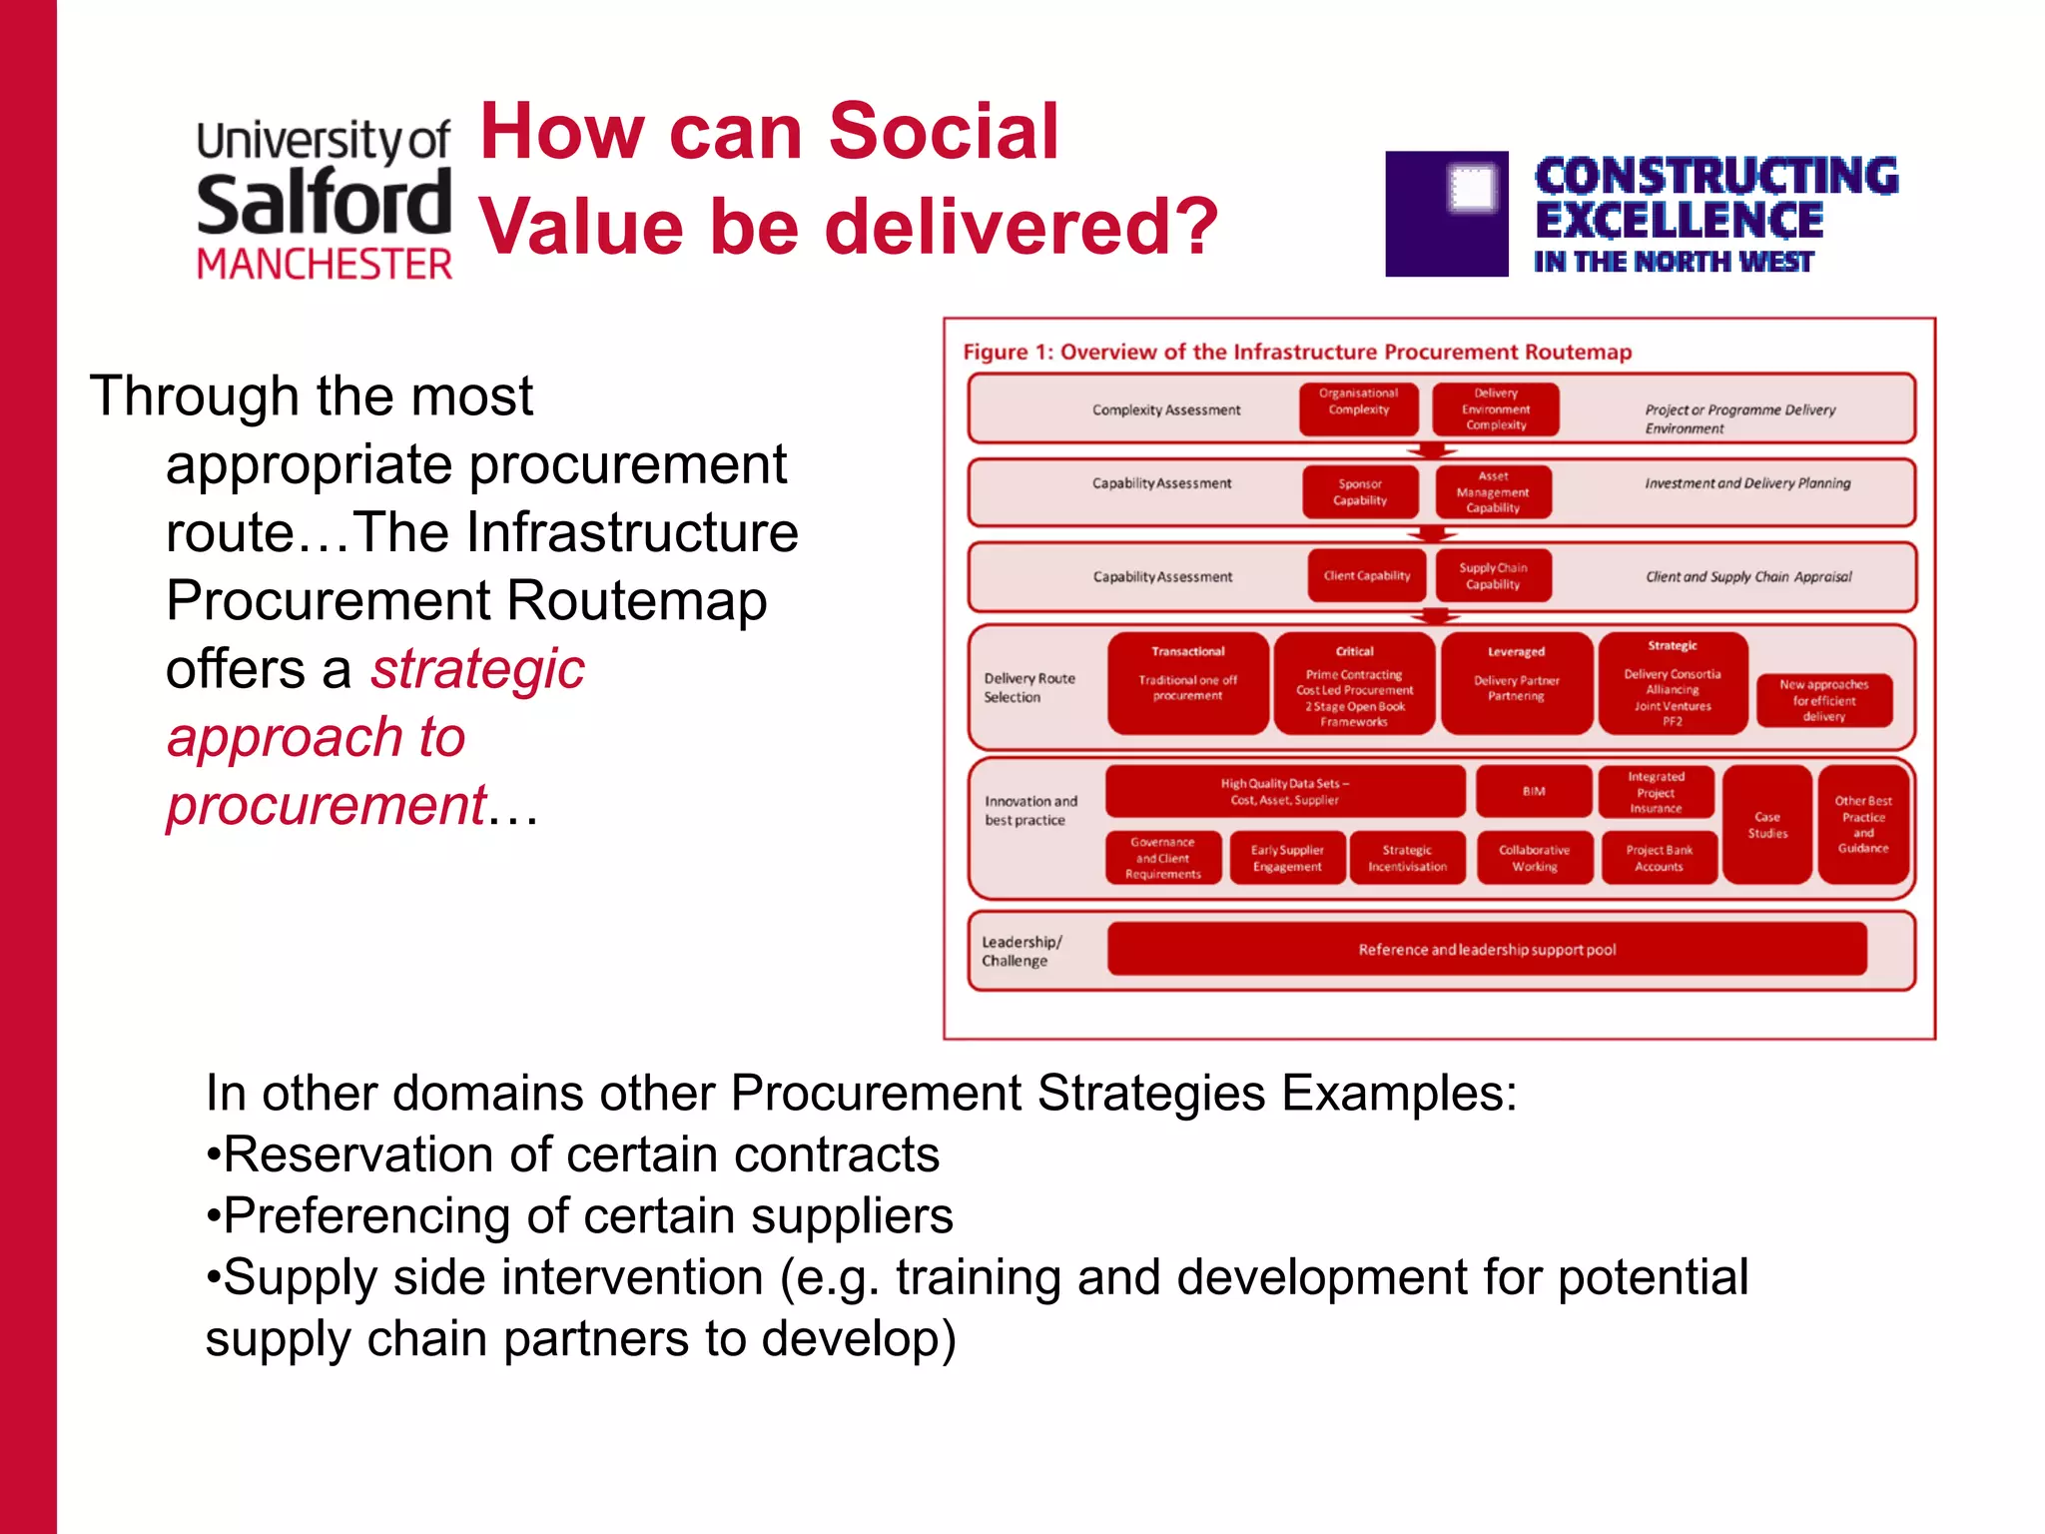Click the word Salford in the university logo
click(324, 204)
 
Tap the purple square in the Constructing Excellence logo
click(1446, 214)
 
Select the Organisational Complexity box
click(1358, 408)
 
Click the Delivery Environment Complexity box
click(1495, 408)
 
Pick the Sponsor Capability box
click(1359, 492)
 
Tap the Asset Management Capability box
click(1493, 492)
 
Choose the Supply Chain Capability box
click(1493, 576)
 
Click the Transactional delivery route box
click(1187, 683)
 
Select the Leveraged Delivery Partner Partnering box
click(1516, 683)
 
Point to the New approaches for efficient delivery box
click(1823, 700)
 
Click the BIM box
click(1534, 791)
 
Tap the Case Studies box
click(1766, 825)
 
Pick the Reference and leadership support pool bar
click(1486, 949)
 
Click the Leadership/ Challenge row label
click(1022, 951)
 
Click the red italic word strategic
click(477, 669)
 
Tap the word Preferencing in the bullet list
click(365, 1216)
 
